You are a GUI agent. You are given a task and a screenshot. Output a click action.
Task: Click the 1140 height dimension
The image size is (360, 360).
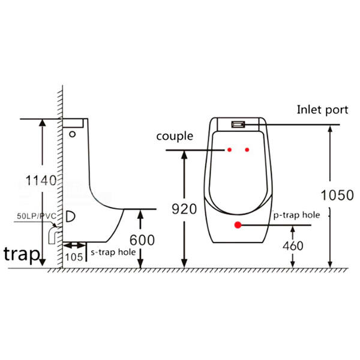(x=41, y=180)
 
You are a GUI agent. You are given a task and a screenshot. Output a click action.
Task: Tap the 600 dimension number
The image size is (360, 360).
(x=142, y=240)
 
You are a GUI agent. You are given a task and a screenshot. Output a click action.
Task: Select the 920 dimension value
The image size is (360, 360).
(x=184, y=209)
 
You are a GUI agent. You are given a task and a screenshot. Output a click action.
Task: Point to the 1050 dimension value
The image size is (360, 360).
(x=337, y=195)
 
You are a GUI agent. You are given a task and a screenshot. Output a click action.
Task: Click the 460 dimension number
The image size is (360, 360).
(x=293, y=246)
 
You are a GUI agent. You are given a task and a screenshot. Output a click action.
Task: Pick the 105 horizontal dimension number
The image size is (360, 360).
(x=74, y=257)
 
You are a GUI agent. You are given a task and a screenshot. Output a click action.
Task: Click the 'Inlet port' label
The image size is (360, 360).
(x=322, y=110)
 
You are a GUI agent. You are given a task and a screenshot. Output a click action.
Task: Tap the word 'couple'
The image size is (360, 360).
(x=175, y=136)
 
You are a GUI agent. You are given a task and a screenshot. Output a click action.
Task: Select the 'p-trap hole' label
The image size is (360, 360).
(x=296, y=215)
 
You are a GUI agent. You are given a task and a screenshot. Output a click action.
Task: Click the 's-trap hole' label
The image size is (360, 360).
(x=113, y=252)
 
